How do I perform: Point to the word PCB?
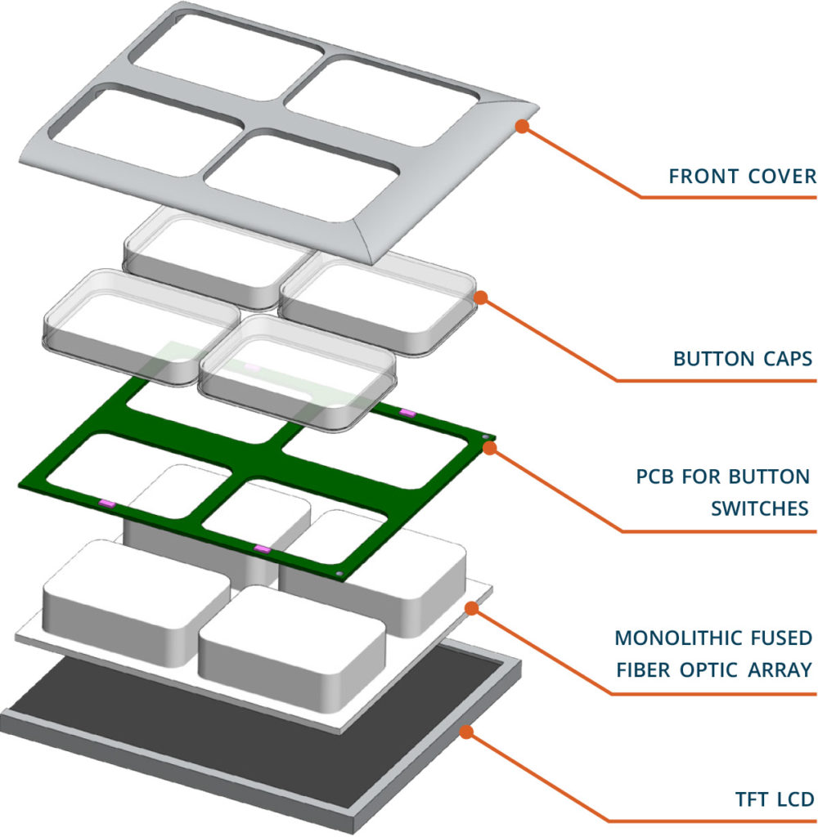click(x=654, y=477)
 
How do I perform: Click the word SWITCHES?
click(x=760, y=508)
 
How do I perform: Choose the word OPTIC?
click(x=710, y=669)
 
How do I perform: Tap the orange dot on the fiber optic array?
click(x=470, y=607)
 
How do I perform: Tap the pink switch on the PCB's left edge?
click(x=105, y=501)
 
